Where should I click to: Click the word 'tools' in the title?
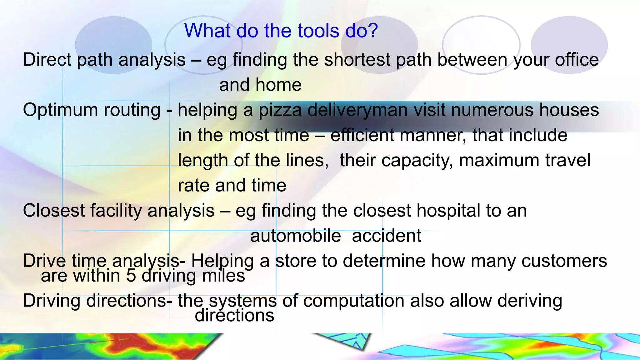pyautogui.click(x=318, y=31)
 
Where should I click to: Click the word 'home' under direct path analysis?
pyautogui.click(x=278, y=85)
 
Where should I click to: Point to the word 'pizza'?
pyautogui.click(x=280, y=110)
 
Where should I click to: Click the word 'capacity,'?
pyautogui.click(x=397, y=160)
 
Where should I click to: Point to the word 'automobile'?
pyautogui.click(x=295, y=236)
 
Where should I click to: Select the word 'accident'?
pyautogui.click(x=386, y=236)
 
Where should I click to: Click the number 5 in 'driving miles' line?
pyautogui.click(x=131, y=276)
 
